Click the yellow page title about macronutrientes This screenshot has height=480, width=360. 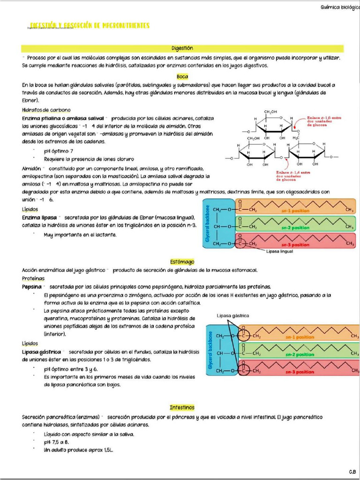coord(90,25)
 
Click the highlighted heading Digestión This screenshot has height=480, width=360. coord(182,48)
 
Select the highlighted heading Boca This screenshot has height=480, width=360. coord(182,76)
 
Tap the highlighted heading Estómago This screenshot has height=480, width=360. coord(182,262)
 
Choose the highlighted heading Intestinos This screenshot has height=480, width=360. coord(182,407)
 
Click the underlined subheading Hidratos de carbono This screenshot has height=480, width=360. coord(46,110)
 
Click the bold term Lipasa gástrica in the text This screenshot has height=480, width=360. coord(42,352)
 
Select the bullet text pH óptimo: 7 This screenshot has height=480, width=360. coord(59,151)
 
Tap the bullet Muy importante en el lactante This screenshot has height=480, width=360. coord(80,235)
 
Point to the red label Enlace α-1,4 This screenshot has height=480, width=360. coord(293,176)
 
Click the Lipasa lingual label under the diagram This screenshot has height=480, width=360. coord(279,252)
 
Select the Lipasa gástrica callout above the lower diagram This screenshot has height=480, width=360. coord(233,315)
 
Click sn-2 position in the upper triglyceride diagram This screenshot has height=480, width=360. coord(295,228)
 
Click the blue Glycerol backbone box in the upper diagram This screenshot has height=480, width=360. coord(209,226)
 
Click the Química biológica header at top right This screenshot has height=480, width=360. coord(339,7)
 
